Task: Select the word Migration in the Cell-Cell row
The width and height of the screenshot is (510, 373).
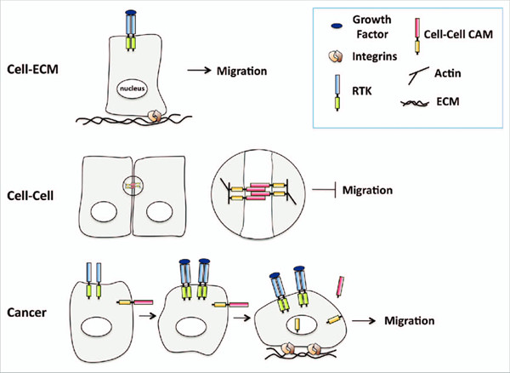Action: tap(366, 191)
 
